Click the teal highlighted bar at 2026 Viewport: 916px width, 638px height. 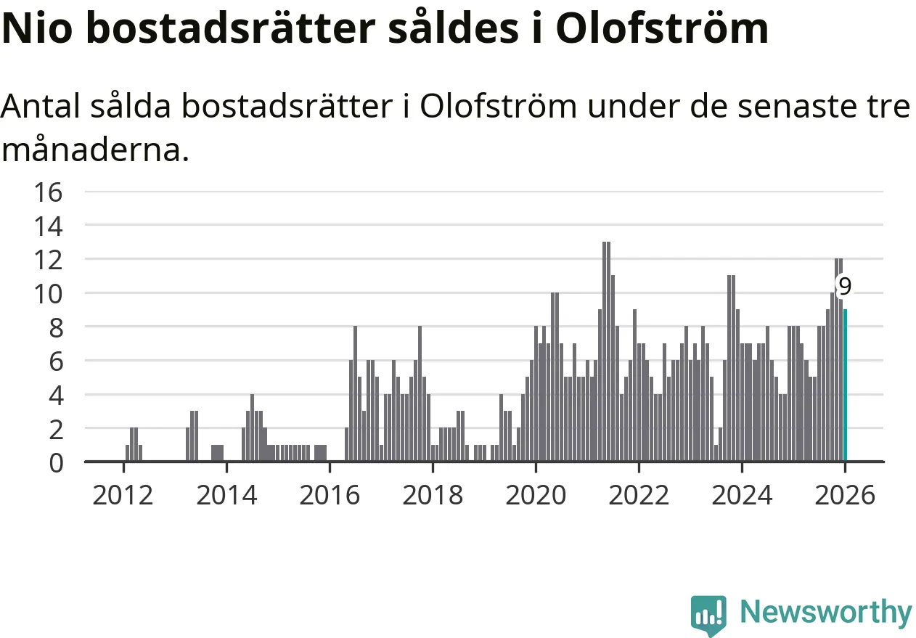tap(845, 385)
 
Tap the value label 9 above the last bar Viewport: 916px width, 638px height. tap(844, 286)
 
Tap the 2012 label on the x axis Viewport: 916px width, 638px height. tap(123, 496)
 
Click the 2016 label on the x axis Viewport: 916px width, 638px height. tap(330, 496)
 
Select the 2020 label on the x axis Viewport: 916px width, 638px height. tap(536, 496)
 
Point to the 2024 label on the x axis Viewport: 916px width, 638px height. tap(742, 496)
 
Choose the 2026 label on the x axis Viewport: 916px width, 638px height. tap(845, 496)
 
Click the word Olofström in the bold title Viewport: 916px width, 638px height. tap(662, 29)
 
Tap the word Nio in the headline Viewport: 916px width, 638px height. tap(43, 29)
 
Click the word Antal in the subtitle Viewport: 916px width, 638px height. tap(44, 107)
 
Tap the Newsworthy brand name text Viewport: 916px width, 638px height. tap(826, 613)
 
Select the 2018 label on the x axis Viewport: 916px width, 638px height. tap(433, 496)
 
